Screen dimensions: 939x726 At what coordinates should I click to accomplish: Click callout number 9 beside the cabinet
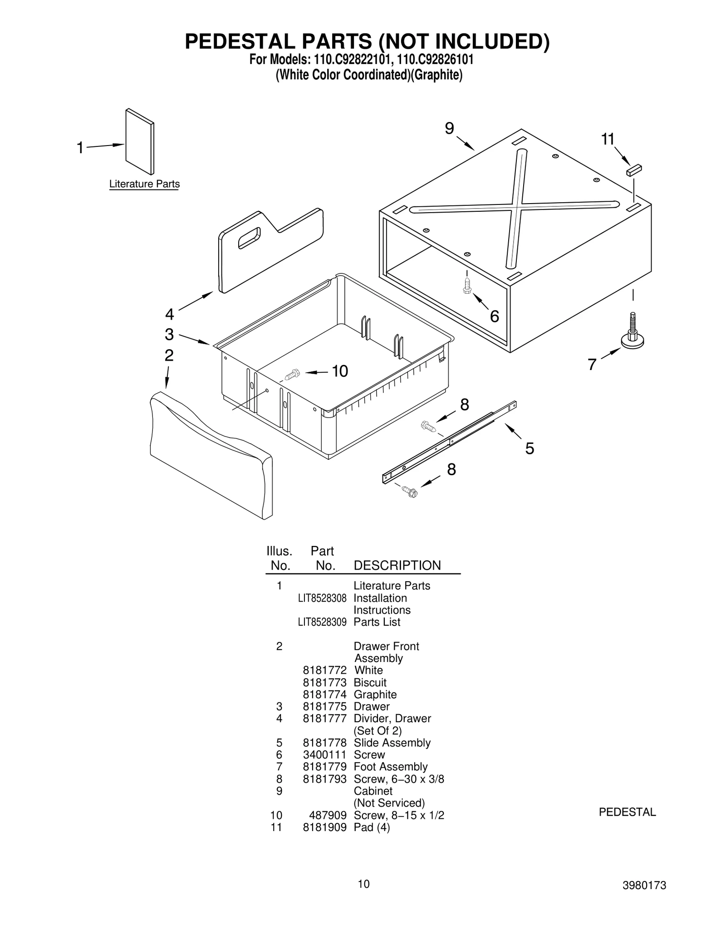point(449,129)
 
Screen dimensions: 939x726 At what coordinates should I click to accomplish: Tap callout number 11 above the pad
point(608,139)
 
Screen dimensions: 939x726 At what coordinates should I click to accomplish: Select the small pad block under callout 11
point(634,170)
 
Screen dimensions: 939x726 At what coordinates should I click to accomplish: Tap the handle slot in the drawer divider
point(249,238)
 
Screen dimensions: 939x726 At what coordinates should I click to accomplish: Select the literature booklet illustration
point(140,141)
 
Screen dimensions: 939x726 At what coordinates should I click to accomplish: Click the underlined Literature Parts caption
point(144,184)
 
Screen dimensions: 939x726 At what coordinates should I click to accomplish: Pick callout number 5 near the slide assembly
point(530,448)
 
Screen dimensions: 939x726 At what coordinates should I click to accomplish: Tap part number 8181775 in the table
point(324,706)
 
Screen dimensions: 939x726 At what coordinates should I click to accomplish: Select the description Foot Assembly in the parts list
point(390,767)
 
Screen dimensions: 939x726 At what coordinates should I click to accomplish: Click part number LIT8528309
point(322,622)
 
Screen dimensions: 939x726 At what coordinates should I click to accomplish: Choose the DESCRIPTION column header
point(397,565)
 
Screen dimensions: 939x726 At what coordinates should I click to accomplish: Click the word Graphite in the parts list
point(375,695)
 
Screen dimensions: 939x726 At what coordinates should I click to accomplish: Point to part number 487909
point(328,815)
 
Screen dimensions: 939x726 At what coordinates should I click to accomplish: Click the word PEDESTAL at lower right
point(627,812)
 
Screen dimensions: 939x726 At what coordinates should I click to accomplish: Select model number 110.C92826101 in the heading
point(432,60)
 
